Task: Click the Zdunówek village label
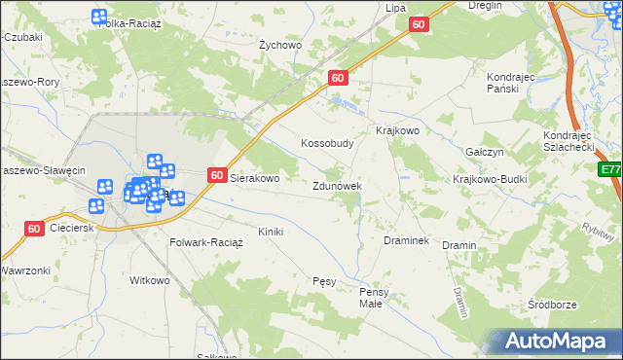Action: [x=337, y=185]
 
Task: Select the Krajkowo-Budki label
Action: [x=490, y=180]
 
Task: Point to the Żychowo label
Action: [x=280, y=45]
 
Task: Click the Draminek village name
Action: [x=407, y=239]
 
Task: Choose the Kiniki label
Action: [x=270, y=232]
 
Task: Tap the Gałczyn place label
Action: [x=484, y=153]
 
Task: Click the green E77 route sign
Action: [x=610, y=169]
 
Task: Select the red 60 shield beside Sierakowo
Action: [x=217, y=176]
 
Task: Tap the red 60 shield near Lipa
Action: [x=418, y=24]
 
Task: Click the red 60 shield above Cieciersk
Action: [x=34, y=229]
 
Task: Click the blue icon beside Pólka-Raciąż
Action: [x=99, y=16]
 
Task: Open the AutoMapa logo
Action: [x=554, y=341]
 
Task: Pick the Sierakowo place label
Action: [x=254, y=179]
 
